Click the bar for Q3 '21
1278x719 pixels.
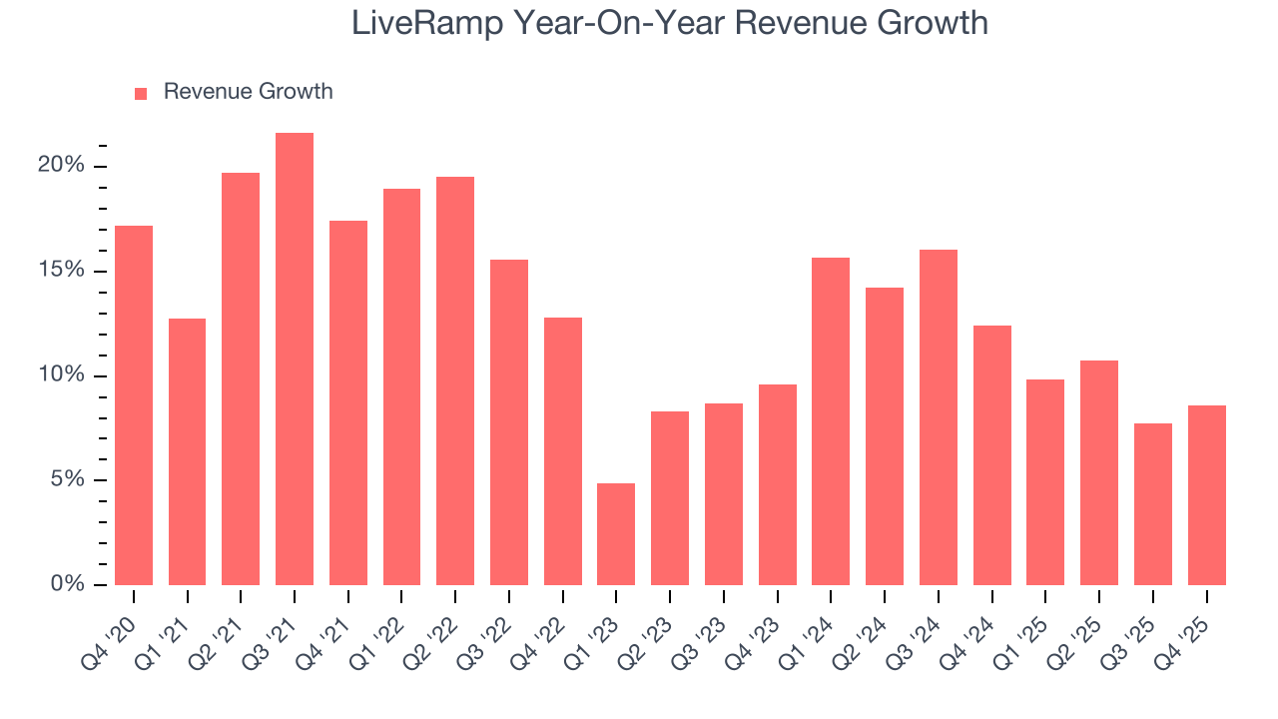[295, 359]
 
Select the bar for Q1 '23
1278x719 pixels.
[616, 534]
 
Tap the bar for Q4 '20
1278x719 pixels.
[134, 405]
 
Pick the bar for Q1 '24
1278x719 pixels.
[831, 421]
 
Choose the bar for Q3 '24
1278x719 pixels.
[939, 417]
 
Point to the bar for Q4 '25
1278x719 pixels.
[1206, 495]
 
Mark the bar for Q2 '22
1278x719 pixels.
[455, 380]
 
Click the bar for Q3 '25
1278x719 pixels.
[1153, 504]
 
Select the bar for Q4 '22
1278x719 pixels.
[563, 451]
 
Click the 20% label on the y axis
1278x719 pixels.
[61, 166]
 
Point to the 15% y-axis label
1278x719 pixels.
[61, 271]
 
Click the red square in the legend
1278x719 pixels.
[141, 93]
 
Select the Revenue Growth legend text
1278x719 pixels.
[248, 92]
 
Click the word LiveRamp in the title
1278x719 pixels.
[423, 23]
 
